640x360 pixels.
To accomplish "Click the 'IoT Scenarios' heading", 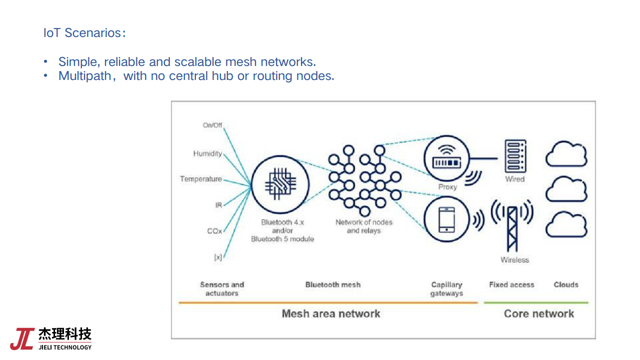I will (x=83, y=33).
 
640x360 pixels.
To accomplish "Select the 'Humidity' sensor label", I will (x=207, y=154).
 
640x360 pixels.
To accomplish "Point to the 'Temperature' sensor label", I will (x=201, y=179).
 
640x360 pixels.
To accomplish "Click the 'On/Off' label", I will (x=212, y=125).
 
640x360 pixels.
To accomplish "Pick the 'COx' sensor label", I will (x=214, y=231).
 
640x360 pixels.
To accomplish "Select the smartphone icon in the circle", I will (x=446, y=220).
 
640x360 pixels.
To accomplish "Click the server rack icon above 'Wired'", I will (x=515, y=156).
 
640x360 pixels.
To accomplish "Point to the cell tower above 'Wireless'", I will (x=512, y=225).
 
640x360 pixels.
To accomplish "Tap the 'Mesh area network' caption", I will (x=331, y=314).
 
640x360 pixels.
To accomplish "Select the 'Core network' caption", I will (x=539, y=314).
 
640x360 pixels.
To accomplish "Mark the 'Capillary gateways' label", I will (x=446, y=289).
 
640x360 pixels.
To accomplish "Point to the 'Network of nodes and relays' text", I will (x=364, y=226).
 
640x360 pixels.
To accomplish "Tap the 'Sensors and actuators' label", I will (x=222, y=289).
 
